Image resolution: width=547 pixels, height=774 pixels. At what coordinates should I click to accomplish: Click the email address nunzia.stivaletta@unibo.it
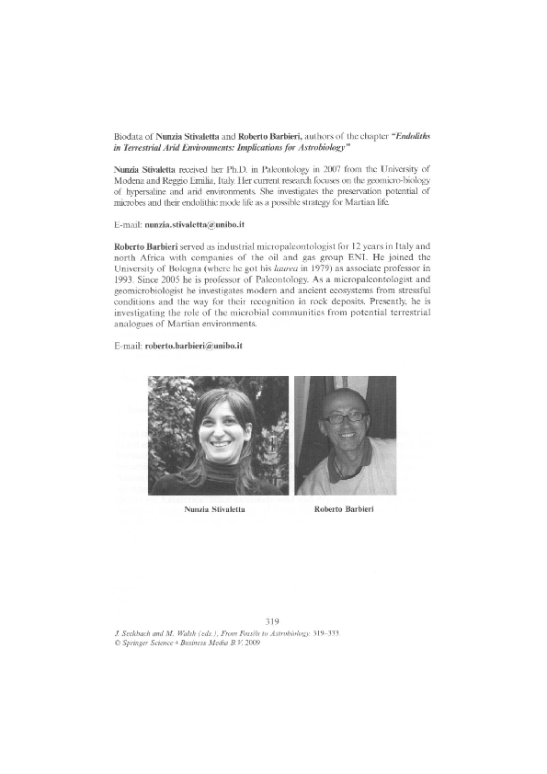pos(190,224)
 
